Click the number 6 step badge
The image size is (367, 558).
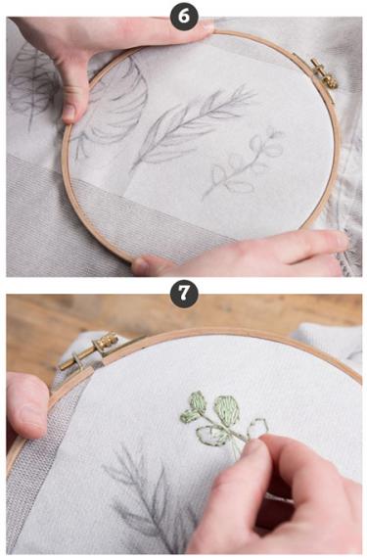184,17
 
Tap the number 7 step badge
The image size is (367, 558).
184,294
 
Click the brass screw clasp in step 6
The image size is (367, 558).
323,73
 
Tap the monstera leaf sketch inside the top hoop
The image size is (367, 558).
114,107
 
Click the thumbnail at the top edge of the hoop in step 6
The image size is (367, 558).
206,25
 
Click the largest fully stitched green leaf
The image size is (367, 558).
227,410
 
